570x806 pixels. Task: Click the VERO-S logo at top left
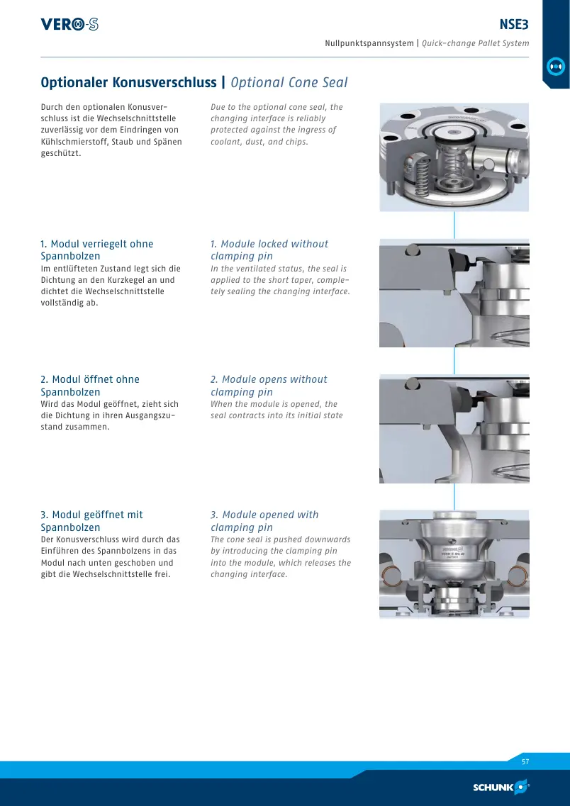69,24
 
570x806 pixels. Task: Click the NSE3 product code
514,24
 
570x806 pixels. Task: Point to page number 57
525,762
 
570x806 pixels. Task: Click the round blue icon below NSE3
556,67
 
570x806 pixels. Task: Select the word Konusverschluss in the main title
164,82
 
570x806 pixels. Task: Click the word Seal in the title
335,82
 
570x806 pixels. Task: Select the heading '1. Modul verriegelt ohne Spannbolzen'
97,250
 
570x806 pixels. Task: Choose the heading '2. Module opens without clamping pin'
269,386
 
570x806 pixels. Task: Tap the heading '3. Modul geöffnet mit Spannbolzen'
92,521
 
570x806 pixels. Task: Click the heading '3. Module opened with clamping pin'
264,521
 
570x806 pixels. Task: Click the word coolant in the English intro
225,142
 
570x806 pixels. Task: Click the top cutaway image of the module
454,157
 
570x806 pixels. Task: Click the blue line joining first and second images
454,225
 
